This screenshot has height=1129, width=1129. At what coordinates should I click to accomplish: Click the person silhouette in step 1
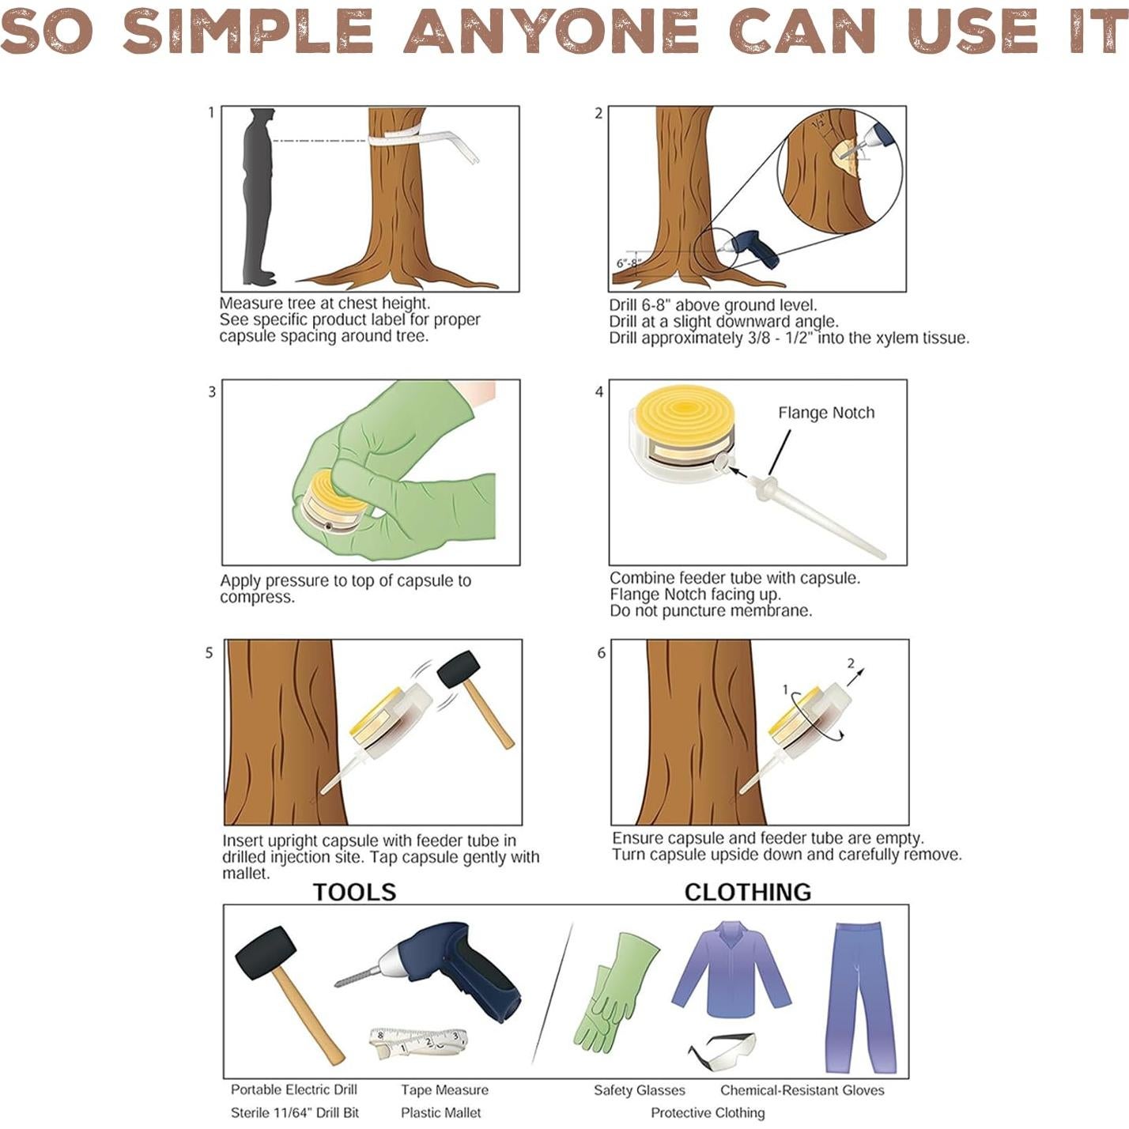[x=259, y=196]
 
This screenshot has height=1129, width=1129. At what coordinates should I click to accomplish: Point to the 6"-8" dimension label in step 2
[x=629, y=263]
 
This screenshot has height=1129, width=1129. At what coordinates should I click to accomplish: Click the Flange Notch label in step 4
[x=826, y=413]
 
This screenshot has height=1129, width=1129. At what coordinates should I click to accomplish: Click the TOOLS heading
[x=354, y=893]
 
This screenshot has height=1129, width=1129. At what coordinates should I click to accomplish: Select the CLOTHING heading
[x=748, y=893]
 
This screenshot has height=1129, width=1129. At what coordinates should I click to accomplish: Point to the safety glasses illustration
[x=721, y=1052]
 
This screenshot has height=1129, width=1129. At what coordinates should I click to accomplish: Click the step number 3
[x=212, y=391]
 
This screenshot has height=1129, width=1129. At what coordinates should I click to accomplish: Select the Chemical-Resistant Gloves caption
[x=802, y=1090]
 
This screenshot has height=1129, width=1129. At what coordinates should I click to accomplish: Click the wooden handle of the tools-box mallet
[x=310, y=1017]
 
